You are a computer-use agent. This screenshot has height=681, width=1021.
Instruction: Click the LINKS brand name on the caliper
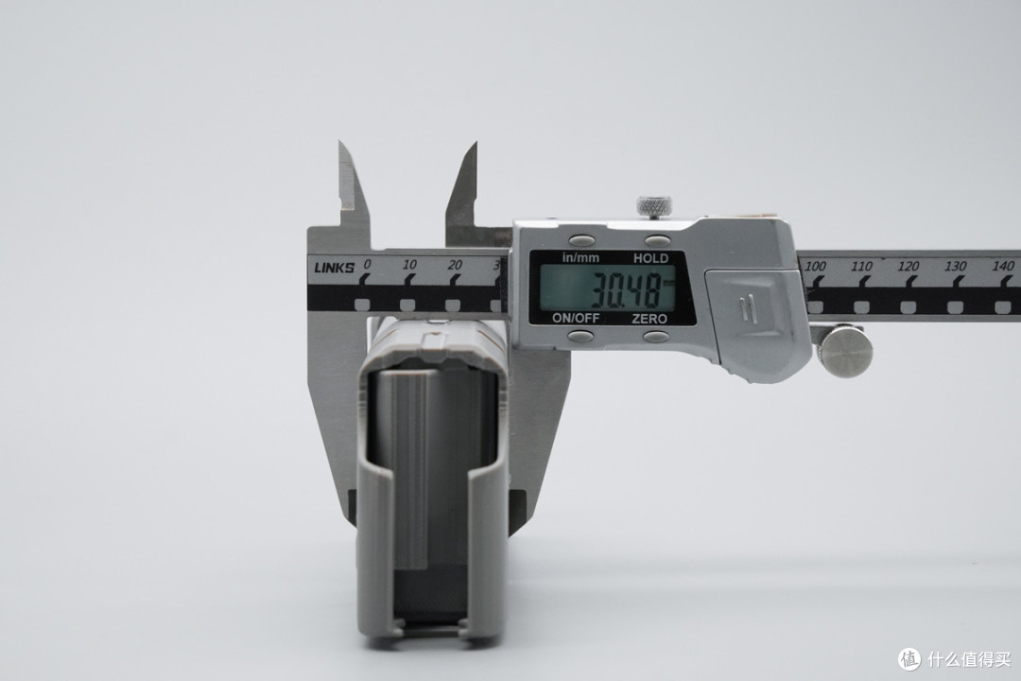334,267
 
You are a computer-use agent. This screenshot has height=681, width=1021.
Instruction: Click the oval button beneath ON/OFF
580,337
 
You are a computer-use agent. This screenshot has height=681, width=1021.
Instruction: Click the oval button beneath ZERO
656,337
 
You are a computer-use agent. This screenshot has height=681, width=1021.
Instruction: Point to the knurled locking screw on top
654,206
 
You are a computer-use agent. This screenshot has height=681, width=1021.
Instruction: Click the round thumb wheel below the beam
844,350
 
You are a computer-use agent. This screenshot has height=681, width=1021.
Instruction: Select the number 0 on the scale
367,264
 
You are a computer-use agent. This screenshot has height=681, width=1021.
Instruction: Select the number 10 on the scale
409,265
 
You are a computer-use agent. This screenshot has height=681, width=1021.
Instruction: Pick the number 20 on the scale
455,265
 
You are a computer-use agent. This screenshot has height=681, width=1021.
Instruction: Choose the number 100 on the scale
815,266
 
